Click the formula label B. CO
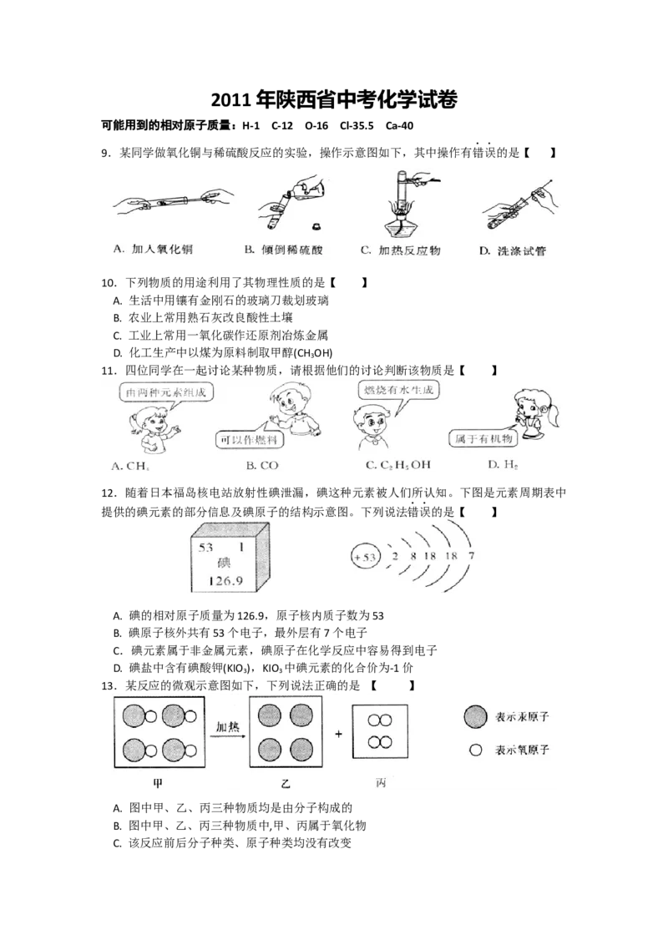point(262,464)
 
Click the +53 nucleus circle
point(365,556)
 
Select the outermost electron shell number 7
point(473,556)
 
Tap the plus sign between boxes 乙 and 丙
point(339,735)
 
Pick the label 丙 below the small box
point(380,782)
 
